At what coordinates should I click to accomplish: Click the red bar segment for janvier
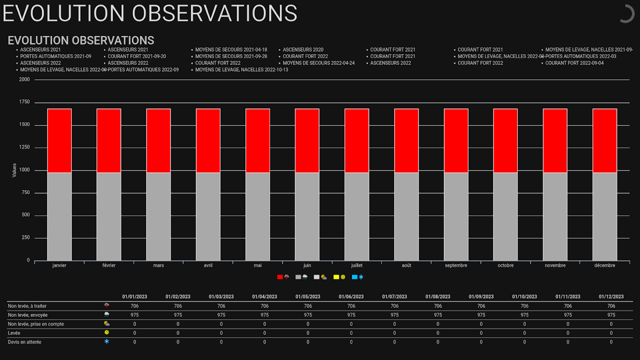coord(59,140)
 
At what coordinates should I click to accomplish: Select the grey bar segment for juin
coord(307,216)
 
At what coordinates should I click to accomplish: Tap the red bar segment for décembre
coord(604,140)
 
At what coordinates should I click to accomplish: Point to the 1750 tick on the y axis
coord(25,102)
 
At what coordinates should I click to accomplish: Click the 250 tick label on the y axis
coord(25,238)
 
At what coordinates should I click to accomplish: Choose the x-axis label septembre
coord(456,265)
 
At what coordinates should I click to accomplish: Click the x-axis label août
coord(406,265)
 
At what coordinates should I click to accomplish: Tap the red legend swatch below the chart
coord(280,277)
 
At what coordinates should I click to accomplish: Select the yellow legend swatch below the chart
coord(336,277)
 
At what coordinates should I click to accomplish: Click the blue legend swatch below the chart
coord(355,277)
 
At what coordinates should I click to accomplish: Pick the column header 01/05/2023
coord(308,297)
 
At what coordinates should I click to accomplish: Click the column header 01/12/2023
coord(611,297)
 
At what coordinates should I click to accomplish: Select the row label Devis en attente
coord(25,342)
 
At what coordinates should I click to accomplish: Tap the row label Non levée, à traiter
coord(27,306)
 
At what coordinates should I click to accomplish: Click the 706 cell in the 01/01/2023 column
coord(135,306)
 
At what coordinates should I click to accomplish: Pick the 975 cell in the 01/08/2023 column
coord(438,315)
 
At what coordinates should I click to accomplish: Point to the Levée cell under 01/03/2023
coord(221,333)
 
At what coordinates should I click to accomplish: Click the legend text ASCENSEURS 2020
coord(303,50)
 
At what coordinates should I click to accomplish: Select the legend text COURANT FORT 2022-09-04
coord(574,63)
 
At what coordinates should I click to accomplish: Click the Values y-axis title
coord(14,170)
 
